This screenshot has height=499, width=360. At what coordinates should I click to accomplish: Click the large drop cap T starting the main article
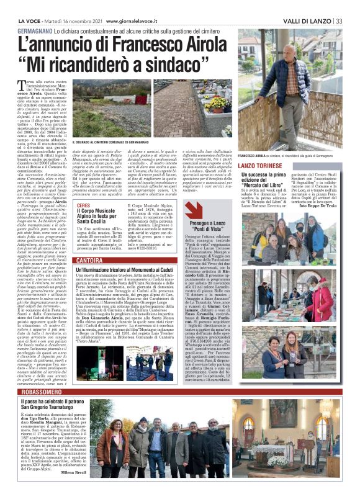coord(39,85)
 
